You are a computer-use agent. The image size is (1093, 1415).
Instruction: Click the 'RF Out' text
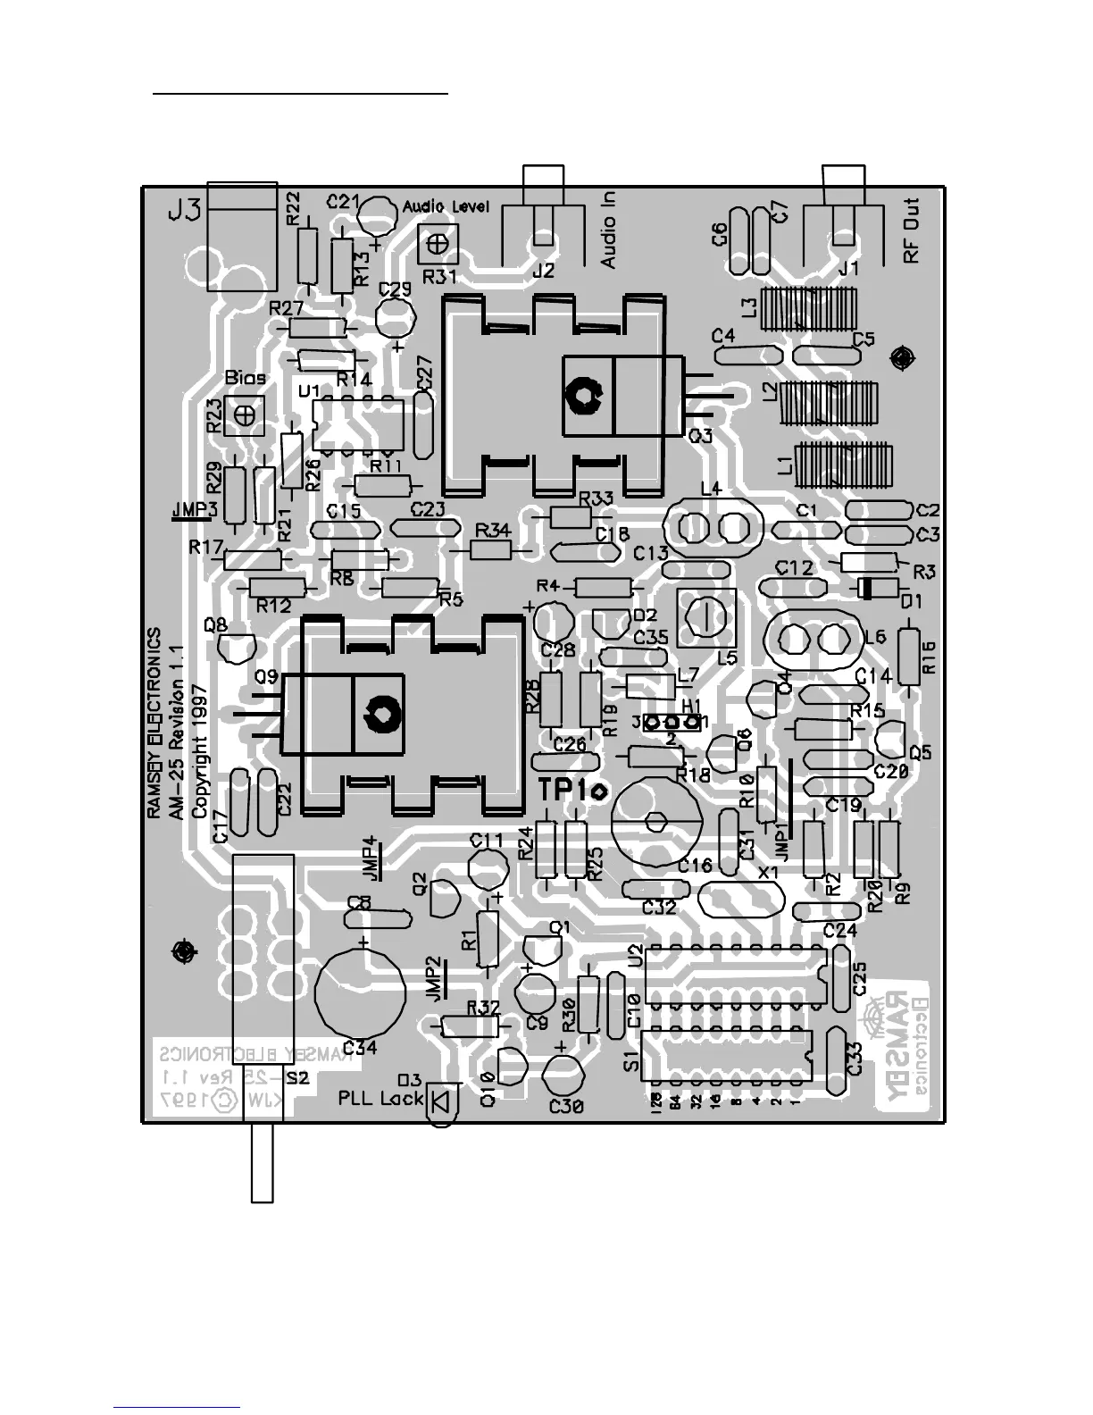click(911, 230)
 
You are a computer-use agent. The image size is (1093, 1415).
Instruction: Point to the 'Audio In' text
click(608, 231)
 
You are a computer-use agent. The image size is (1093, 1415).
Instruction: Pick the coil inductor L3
click(808, 308)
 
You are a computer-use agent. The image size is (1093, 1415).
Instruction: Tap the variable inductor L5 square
click(706, 618)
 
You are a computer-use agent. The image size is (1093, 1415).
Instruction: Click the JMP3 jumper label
click(193, 510)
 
